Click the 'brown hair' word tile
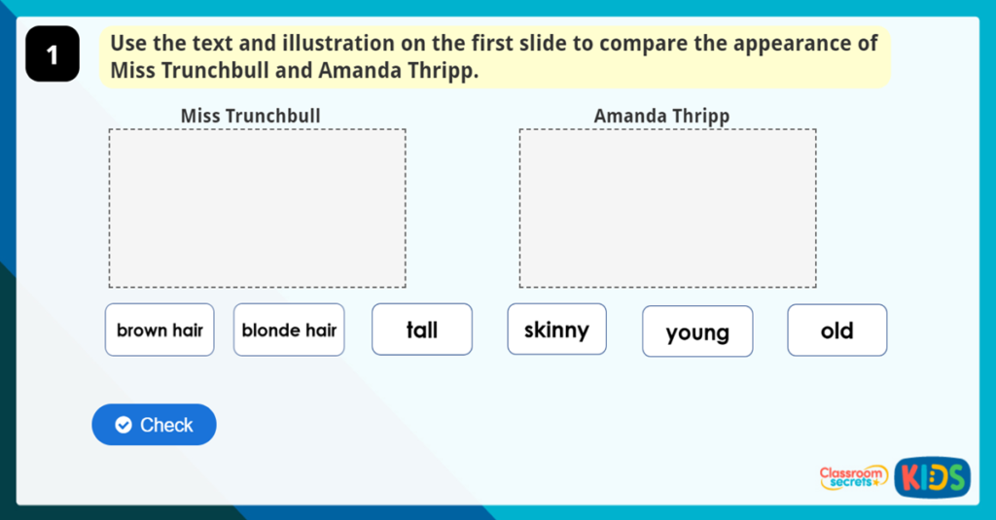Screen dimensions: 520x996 pos(160,329)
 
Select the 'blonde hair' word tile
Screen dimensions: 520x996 pos(289,329)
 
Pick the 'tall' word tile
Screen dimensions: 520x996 pos(422,329)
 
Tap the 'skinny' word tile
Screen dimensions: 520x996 pos(556,329)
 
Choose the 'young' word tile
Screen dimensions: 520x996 pos(697,332)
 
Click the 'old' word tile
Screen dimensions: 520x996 pos(836,330)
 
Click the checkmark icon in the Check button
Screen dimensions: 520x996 pos(123,425)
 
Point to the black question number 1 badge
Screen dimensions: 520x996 pos(53,55)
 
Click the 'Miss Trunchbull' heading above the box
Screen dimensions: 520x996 pos(250,117)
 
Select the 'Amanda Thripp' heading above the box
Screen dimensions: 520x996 pos(661,117)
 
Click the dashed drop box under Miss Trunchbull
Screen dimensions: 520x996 pos(257,208)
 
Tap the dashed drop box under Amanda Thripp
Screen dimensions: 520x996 pos(667,208)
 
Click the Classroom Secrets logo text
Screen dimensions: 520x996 pos(853,476)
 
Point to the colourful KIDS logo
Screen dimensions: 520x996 pos(932,476)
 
